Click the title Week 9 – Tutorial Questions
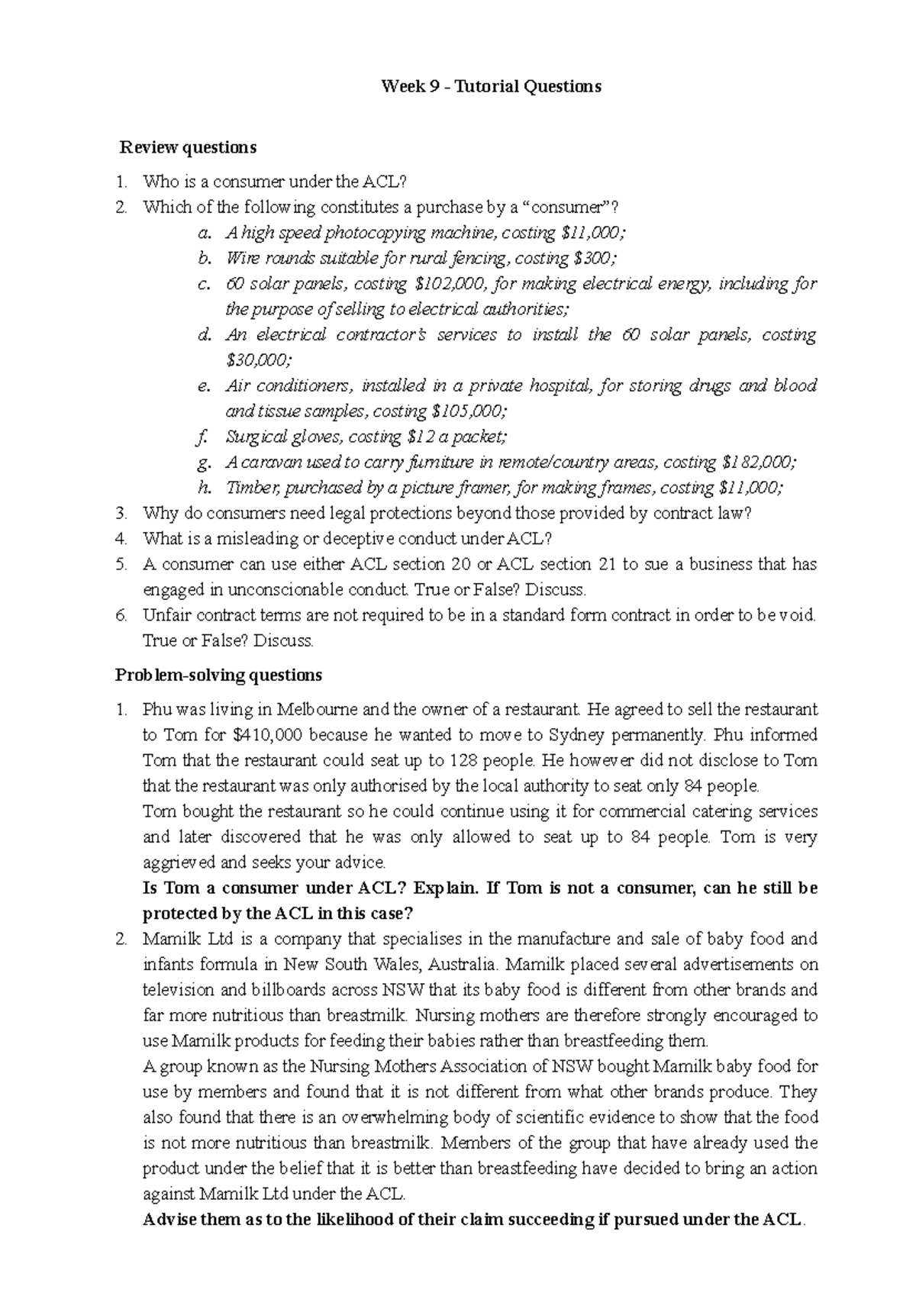coord(491,86)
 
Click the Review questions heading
coord(186,147)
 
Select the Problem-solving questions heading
coord(218,675)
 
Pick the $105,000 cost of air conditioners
coord(468,411)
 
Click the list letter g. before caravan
coord(202,463)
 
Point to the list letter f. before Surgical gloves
coord(202,437)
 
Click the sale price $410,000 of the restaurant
coord(266,735)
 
